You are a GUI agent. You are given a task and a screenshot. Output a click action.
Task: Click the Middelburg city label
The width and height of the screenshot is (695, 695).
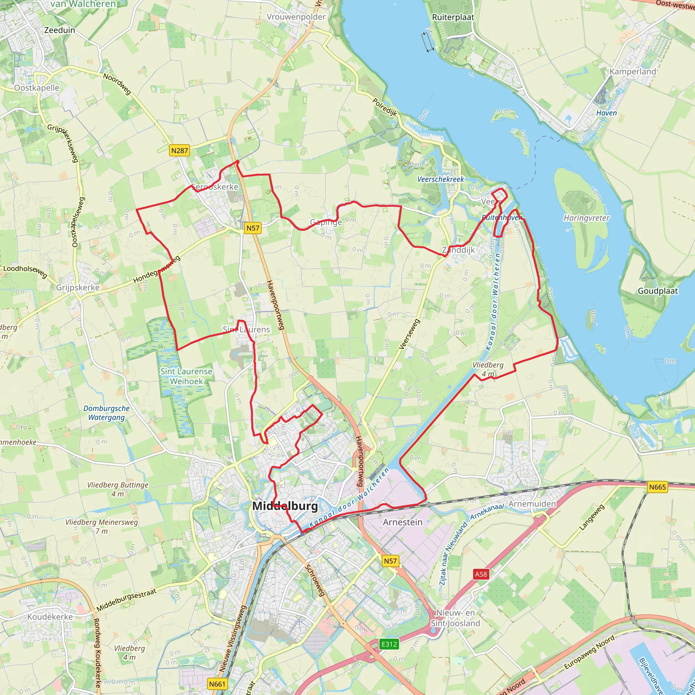[285, 506]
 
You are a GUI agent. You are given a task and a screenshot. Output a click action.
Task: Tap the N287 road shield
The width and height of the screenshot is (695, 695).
[180, 150]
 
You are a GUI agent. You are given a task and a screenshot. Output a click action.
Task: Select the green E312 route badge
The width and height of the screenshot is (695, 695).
[389, 644]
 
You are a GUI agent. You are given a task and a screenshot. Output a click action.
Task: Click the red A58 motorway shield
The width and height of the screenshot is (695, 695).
[481, 574]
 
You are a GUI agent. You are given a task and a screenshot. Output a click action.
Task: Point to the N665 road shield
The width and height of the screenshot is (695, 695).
[658, 487]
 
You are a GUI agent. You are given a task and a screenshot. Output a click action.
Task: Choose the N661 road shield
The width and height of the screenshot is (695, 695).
[217, 684]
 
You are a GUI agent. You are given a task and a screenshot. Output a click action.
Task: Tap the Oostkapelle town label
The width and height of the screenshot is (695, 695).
[37, 88]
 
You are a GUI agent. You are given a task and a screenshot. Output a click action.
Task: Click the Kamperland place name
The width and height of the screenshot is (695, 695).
[633, 72]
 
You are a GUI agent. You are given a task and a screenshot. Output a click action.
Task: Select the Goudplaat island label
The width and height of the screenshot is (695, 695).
[658, 291]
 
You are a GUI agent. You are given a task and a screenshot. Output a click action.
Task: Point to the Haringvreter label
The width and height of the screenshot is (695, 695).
[586, 218]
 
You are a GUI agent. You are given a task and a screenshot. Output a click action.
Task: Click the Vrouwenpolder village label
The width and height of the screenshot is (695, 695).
[296, 17]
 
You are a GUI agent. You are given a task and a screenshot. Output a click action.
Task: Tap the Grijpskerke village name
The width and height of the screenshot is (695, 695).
[78, 287]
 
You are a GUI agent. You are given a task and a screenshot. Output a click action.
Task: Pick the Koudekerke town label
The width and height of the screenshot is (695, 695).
[50, 617]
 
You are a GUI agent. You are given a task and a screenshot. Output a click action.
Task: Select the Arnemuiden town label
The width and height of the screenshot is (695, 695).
[532, 504]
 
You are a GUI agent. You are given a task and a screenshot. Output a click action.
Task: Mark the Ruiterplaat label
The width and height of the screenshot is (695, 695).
[453, 17]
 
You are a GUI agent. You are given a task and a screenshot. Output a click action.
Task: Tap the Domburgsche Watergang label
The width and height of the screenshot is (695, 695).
[107, 413]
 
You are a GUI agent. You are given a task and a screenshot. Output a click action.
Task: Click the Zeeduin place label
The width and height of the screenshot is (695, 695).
[60, 30]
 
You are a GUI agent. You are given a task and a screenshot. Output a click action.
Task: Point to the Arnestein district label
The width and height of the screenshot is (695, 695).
[402, 522]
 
